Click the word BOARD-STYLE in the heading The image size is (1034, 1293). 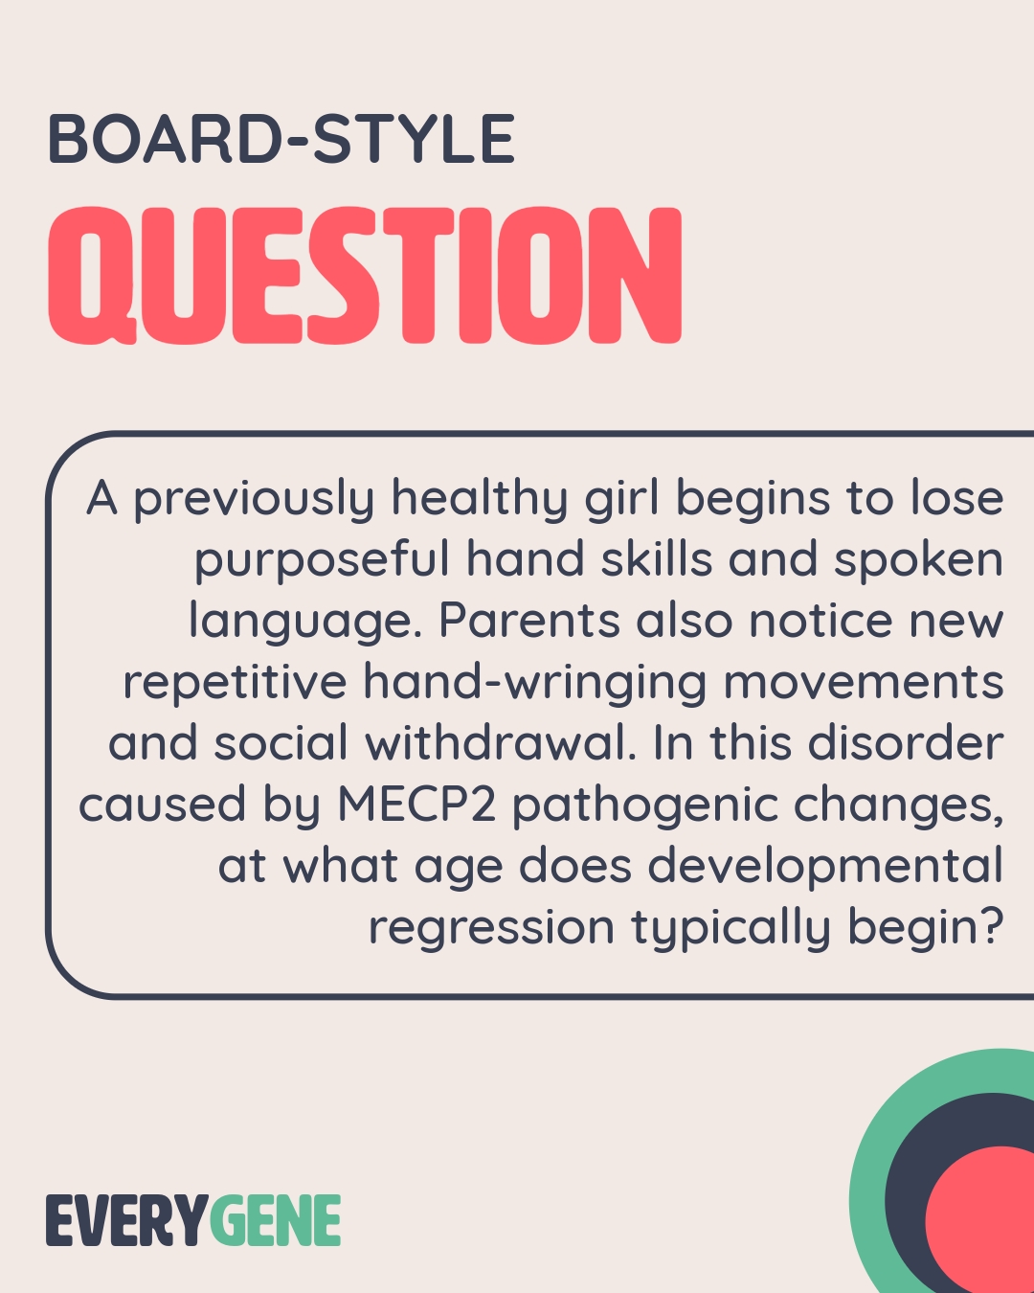point(281,140)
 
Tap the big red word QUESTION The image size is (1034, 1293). point(365,276)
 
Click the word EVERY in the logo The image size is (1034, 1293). point(125,1221)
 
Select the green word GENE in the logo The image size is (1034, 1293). point(275,1221)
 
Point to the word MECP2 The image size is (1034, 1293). point(416,805)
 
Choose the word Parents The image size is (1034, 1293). point(529,621)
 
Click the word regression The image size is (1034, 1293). point(491,927)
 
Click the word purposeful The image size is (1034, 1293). point(322,561)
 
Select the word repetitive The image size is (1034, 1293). point(235,684)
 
